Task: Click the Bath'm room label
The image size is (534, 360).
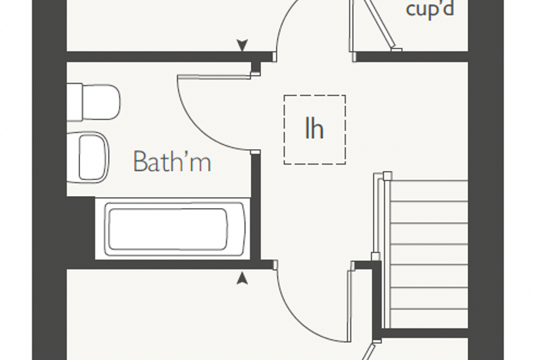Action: tap(172, 161)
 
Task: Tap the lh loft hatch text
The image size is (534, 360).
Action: tap(314, 128)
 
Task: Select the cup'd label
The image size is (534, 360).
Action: tap(430, 9)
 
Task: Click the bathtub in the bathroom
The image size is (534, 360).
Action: tap(174, 229)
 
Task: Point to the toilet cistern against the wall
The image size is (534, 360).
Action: tap(74, 102)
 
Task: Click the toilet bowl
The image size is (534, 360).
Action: tap(101, 102)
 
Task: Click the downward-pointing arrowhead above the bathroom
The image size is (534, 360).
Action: tap(242, 45)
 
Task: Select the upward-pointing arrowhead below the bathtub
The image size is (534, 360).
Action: tap(242, 278)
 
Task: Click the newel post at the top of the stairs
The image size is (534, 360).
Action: tap(387, 176)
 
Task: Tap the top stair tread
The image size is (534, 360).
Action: tap(429, 191)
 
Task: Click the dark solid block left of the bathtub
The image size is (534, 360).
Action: tap(81, 228)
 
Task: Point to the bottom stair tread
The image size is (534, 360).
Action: tap(429, 319)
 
